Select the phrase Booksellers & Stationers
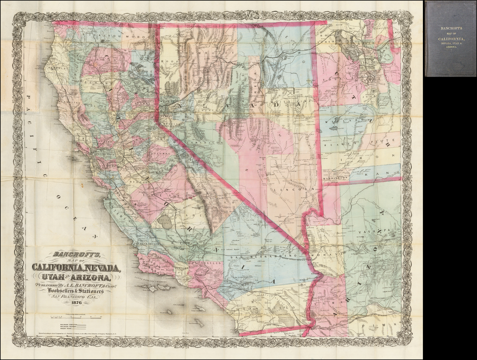(75, 290)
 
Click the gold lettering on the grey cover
(450, 37)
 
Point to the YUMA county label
(334, 303)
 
